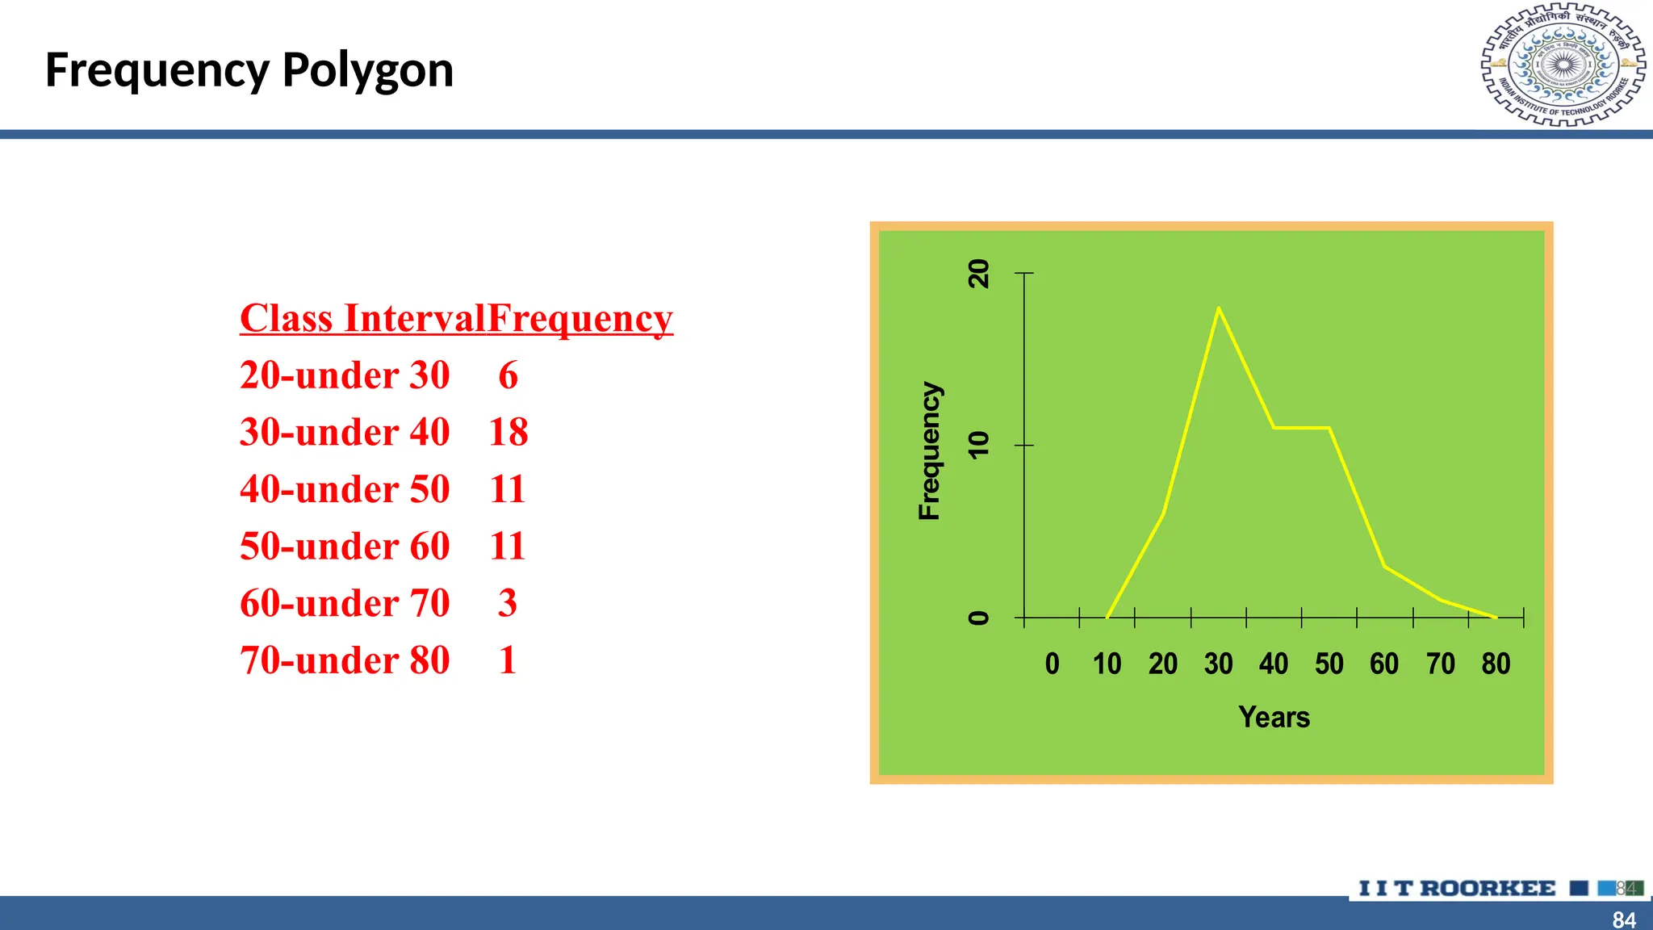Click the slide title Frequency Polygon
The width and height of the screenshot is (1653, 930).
[249, 70]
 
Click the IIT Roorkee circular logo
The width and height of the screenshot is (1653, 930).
[1563, 65]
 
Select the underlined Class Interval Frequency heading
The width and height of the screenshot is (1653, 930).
[456, 319]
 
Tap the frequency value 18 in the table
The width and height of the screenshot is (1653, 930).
[508, 432]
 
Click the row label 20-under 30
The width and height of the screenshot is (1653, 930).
[345, 375]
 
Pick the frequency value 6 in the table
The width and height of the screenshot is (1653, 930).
[508, 375]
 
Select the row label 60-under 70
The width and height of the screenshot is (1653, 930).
[345, 603]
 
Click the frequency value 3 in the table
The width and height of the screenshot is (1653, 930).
[508, 603]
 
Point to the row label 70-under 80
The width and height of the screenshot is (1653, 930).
[345, 660]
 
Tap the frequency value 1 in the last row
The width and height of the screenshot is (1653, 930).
[508, 660]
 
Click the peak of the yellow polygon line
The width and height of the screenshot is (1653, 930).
[1218, 308]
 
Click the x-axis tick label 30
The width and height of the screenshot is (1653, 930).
[1218, 664]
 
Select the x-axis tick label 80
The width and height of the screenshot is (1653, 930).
[1496, 664]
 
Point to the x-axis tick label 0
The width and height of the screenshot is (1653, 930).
[1052, 664]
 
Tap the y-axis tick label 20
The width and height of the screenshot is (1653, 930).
[978, 274]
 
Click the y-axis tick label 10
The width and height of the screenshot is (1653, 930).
[978, 445]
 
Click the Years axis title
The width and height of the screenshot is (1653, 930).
[1274, 717]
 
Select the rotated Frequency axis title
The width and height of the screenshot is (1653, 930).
[930, 450]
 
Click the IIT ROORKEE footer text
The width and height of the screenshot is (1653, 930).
[1456, 888]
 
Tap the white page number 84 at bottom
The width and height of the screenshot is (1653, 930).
[1624, 920]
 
